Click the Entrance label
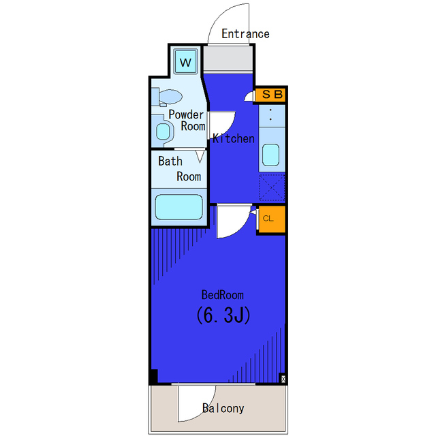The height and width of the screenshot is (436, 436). point(245,34)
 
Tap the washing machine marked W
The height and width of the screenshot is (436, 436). point(185,61)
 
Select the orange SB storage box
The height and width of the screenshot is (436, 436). point(270,95)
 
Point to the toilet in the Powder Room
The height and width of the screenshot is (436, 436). point(167,97)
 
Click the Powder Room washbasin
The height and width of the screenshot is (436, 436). point(163,130)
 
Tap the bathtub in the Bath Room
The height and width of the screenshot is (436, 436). point(178,207)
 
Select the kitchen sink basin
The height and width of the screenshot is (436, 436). point(270,155)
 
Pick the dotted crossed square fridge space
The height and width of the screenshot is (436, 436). point(272,187)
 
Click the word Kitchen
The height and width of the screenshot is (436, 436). point(234,138)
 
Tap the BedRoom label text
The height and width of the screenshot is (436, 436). point(223,295)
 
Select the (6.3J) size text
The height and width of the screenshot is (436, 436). point(223,315)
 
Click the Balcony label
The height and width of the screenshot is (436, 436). point(223,408)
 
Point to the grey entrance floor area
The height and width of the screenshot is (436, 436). point(228,59)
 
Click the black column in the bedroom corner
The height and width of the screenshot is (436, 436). point(154,377)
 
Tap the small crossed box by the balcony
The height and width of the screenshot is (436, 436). point(283,379)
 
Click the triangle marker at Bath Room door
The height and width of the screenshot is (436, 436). point(200,156)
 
